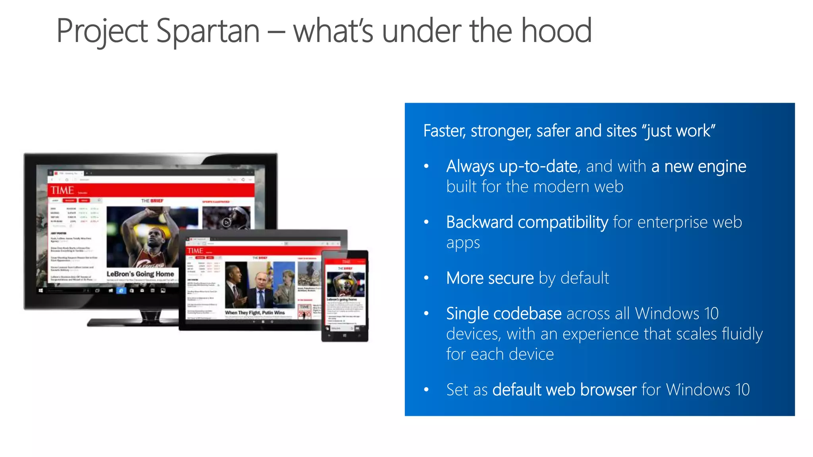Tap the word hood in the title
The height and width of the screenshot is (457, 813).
click(x=556, y=31)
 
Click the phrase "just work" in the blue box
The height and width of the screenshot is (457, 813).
click(x=679, y=131)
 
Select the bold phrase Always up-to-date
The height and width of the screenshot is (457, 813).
click(x=511, y=167)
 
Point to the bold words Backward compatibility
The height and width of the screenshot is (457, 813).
click(x=527, y=222)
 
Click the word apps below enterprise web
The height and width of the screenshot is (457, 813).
click(x=463, y=243)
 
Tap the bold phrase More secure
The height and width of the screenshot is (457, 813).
click(x=489, y=278)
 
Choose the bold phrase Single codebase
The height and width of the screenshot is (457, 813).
click(x=503, y=314)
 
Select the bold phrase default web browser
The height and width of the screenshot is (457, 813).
click(x=564, y=390)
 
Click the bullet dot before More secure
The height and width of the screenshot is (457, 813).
click(x=426, y=278)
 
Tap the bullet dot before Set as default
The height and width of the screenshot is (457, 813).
click(x=426, y=390)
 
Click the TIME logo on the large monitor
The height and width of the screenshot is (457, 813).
click(x=62, y=190)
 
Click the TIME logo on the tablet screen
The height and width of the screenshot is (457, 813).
click(x=195, y=251)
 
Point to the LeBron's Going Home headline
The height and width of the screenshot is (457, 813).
click(x=140, y=274)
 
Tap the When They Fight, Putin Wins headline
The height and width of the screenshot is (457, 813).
click(x=254, y=313)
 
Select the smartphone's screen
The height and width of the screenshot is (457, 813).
click(x=345, y=294)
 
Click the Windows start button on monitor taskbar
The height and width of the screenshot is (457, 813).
click(x=41, y=291)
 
